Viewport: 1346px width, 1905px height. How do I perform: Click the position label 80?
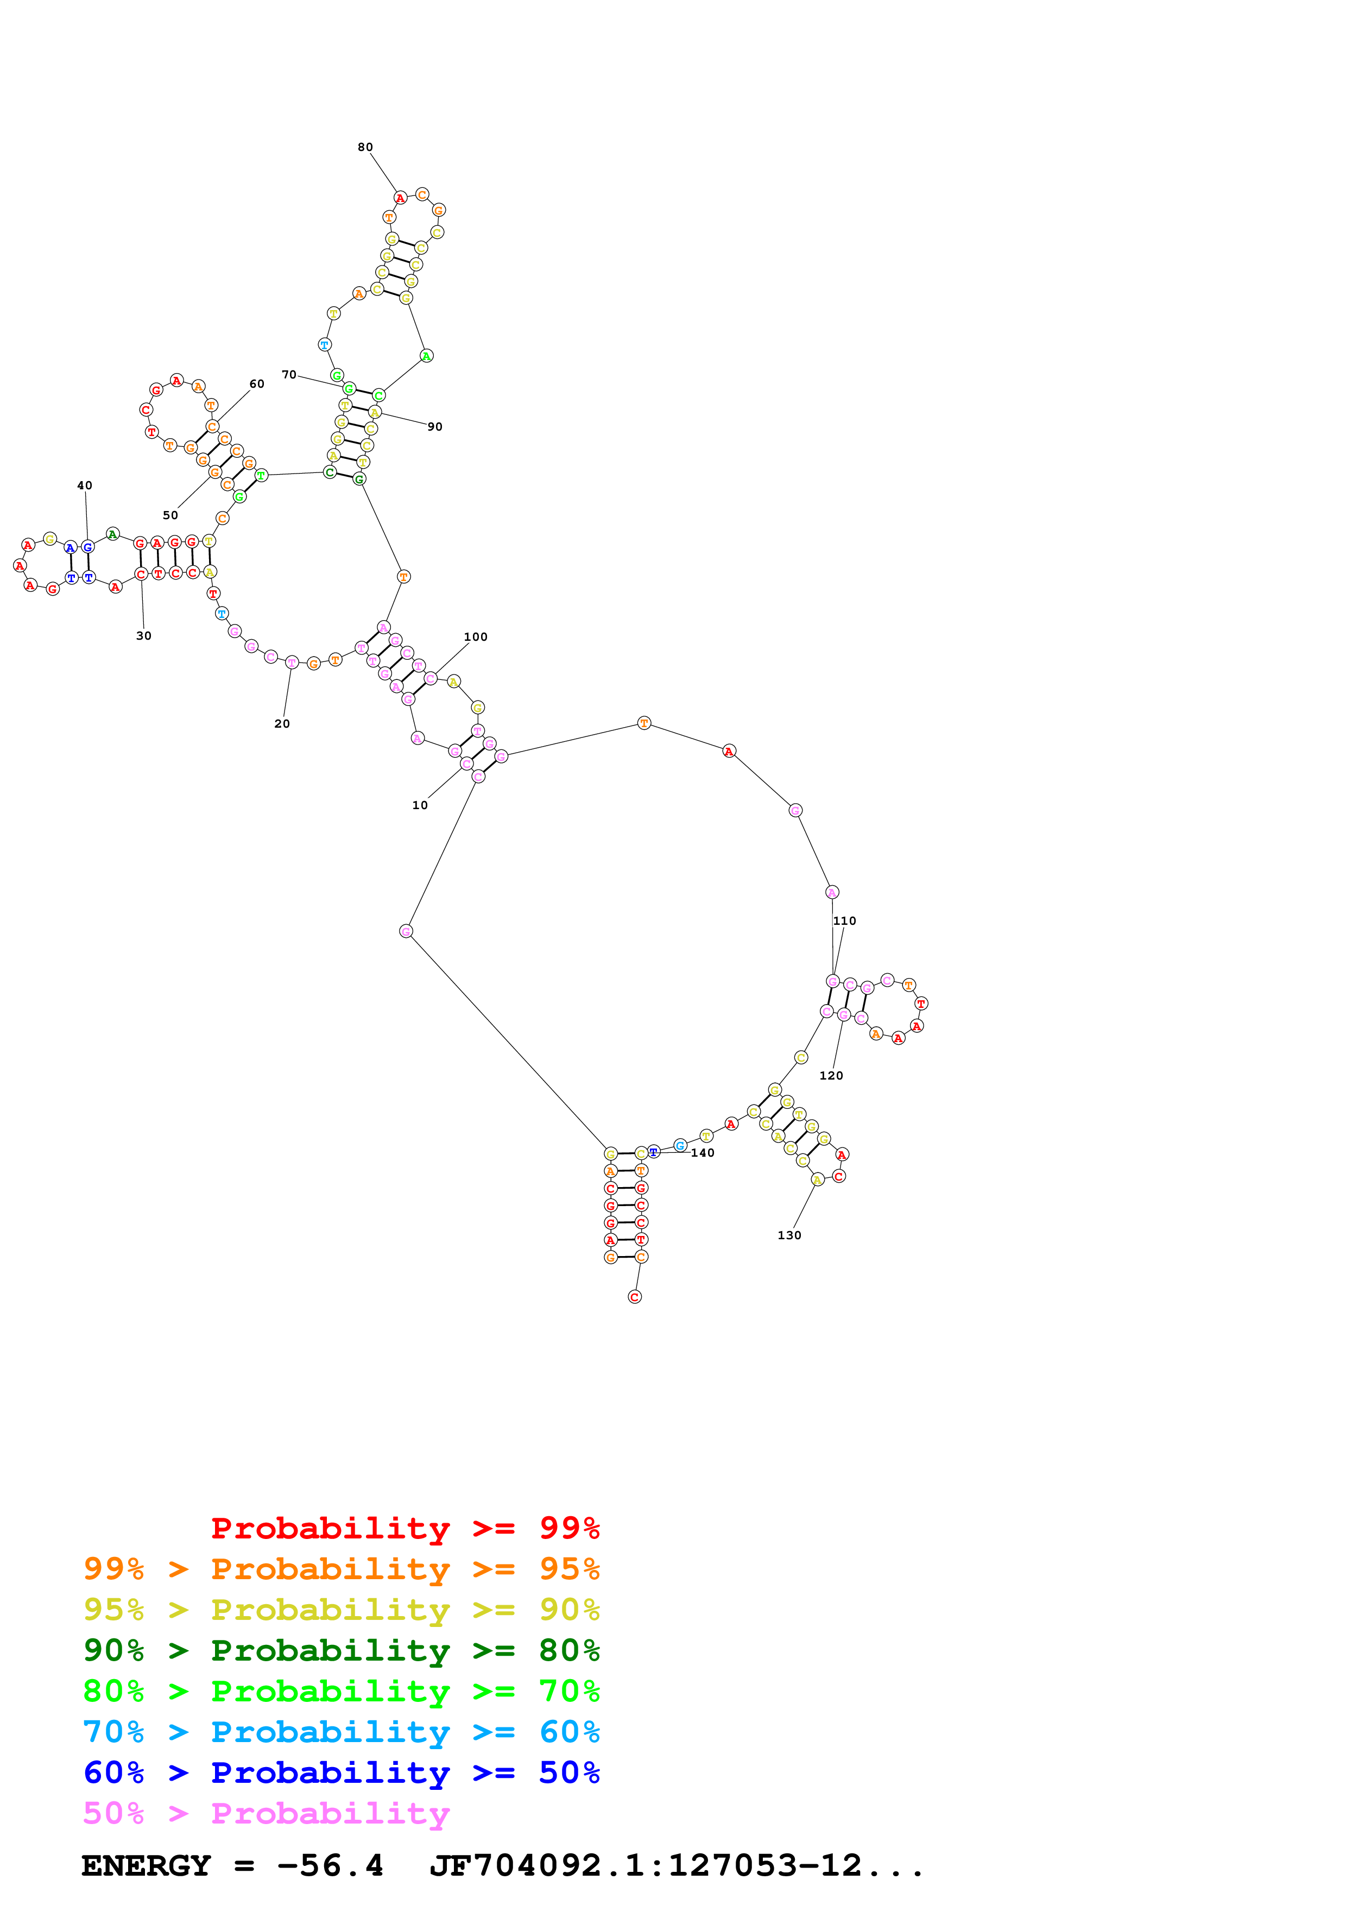pyautogui.click(x=365, y=147)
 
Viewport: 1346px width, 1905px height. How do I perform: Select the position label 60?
pyautogui.click(x=257, y=383)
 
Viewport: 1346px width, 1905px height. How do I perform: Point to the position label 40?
pyautogui.click(x=85, y=485)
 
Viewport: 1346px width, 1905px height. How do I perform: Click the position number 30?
pyautogui.click(x=143, y=635)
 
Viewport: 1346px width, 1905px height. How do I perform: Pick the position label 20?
pyautogui.click(x=282, y=723)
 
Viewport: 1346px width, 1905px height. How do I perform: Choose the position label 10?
pyautogui.click(x=420, y=805)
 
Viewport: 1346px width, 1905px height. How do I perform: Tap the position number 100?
pyautogui.click(x=475, y=636)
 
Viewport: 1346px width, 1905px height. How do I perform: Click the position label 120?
pyautogui.click(x=831, y=1075)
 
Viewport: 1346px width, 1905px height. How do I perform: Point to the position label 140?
pyautogui.click(x=703, y=1152)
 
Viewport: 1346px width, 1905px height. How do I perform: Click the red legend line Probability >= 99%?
pyautogui.click(x=405, y=1528)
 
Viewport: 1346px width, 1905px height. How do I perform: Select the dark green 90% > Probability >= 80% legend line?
pyautogui.click(x=341, y=1650)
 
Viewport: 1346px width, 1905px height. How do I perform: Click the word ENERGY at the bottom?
pyautogui.click(x=146, y=1865)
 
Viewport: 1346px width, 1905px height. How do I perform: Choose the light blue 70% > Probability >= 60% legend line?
pyautogui.click(x=341, y=1732)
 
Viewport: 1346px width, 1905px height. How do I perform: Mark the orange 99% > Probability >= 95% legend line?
pyautogui.click(x=341, y=1569)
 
